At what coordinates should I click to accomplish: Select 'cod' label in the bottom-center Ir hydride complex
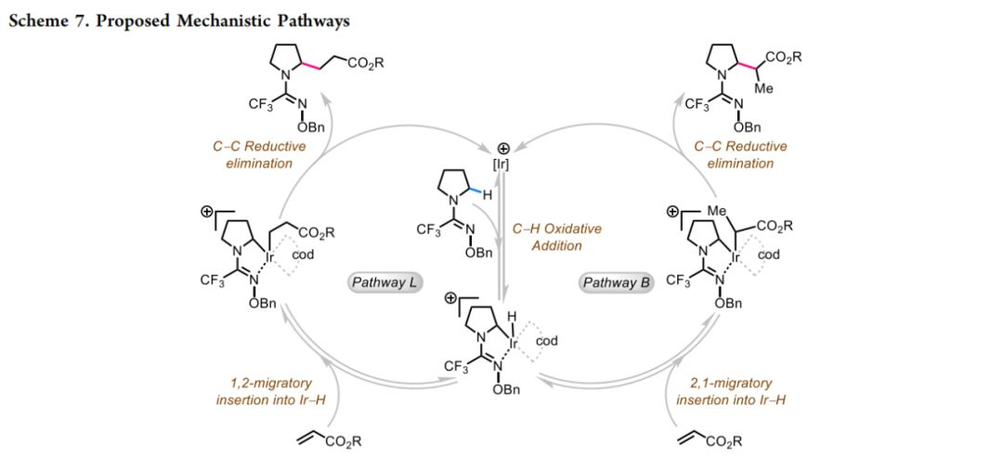(547, 341)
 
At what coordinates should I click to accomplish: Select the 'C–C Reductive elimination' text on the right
(740, 154)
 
